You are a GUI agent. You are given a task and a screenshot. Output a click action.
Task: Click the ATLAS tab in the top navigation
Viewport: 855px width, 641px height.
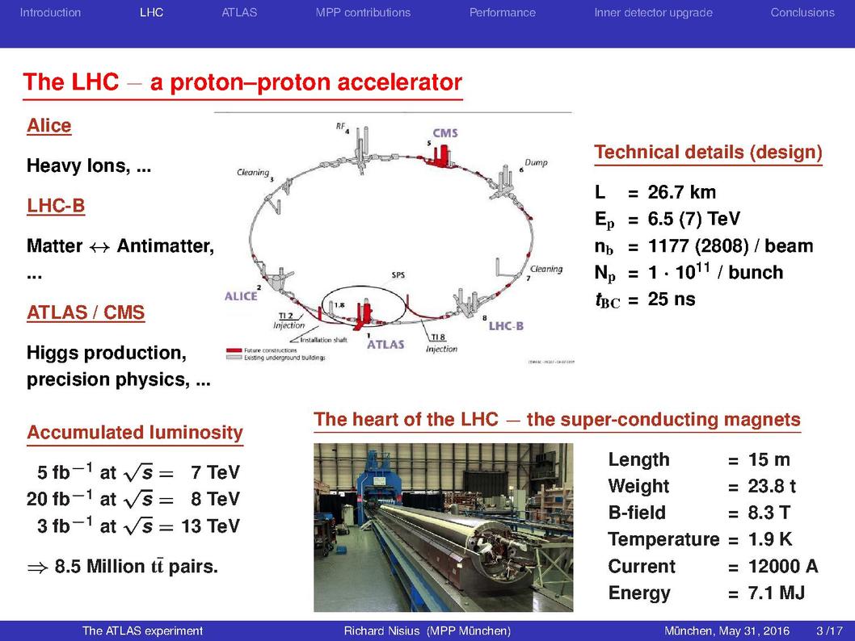[x=239, y=13]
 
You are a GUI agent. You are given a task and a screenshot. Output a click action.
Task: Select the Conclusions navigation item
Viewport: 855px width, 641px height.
[x=802, y=13]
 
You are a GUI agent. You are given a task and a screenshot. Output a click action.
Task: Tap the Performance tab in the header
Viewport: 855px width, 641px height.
[x=502, y=13]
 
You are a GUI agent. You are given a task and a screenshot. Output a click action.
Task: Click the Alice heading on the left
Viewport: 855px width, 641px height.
[x=49, y=126]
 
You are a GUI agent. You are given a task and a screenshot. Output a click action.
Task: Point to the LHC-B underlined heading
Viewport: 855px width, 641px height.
[x=56, y=206]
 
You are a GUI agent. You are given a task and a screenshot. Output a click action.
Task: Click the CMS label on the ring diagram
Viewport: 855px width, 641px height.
[x=445, y=133]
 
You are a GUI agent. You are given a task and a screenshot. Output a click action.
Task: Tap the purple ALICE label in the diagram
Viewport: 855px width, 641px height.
[x=241, y=296]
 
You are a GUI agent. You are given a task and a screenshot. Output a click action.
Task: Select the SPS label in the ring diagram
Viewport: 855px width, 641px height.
[x=398, y=275]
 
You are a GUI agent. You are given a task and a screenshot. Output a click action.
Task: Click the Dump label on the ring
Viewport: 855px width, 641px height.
[x=536, y=163]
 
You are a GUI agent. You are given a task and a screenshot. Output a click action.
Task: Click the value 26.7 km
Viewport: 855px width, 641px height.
[x=681, y=192]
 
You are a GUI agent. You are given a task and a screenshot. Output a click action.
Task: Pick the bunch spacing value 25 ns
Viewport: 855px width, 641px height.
[x=672, y=299]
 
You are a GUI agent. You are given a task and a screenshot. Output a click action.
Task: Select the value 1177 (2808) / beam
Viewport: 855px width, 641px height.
[x=730, y=246]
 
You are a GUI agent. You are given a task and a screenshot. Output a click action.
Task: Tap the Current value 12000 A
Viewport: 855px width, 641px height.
[x=783, y=567]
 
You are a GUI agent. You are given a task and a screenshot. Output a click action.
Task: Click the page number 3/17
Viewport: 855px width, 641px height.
[x=829, y=631]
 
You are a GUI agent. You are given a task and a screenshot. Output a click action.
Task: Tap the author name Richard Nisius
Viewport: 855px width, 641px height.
[x=381, y=631]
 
